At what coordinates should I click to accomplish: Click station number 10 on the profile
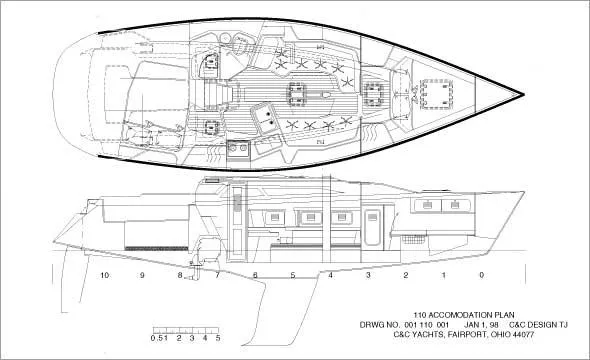(x=103, y=274)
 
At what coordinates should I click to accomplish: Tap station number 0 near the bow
(x=481, y=274)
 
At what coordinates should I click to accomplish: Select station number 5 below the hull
(x=292, y=274)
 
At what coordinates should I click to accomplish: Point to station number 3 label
(x=368, y=274)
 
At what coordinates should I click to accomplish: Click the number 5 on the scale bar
(x=215, y=339)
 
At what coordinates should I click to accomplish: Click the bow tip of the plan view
(x=522, y=96)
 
